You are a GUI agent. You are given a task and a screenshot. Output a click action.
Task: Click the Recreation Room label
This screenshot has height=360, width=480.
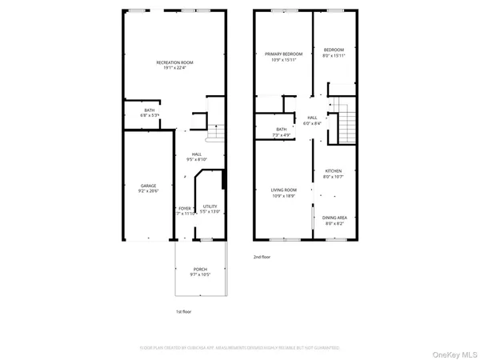[x=174, y=62]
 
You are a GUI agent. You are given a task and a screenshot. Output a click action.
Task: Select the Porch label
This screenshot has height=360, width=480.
[x=200, y=270]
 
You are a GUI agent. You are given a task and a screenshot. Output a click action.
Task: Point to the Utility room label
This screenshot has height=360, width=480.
[x=210, y=206]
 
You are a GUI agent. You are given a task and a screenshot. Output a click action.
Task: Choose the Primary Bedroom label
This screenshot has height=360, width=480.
[x=284, y=54]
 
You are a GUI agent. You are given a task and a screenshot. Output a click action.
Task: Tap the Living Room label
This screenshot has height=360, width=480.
[x=284, y=190]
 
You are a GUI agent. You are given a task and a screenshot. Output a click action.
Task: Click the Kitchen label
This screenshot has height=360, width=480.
[x=333, y=171]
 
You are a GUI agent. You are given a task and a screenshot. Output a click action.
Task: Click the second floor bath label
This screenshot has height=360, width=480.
[x=282, y=129]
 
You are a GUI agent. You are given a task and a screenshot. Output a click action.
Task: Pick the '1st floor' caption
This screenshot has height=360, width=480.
[x=184, y=311]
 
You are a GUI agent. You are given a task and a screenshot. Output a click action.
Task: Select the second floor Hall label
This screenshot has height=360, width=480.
[x=312, y=118]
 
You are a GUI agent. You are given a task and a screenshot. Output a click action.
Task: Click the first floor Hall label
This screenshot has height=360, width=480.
[x=197, y=154]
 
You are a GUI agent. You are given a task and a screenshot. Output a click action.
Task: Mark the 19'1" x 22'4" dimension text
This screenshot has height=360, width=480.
[x=174, y=67]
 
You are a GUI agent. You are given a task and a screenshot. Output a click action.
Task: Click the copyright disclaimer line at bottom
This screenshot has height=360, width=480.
[x=240, y=348]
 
